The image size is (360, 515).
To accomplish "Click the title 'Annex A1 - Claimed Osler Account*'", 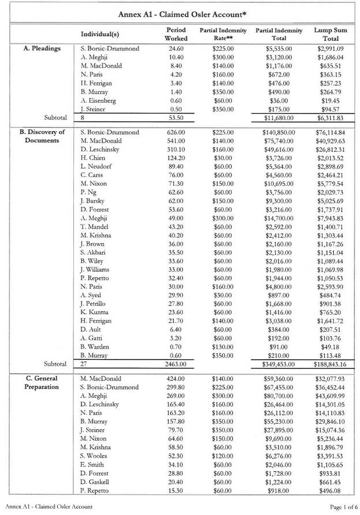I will (x=179, y=13).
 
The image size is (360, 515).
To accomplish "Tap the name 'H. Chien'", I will (x=93, y=158).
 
